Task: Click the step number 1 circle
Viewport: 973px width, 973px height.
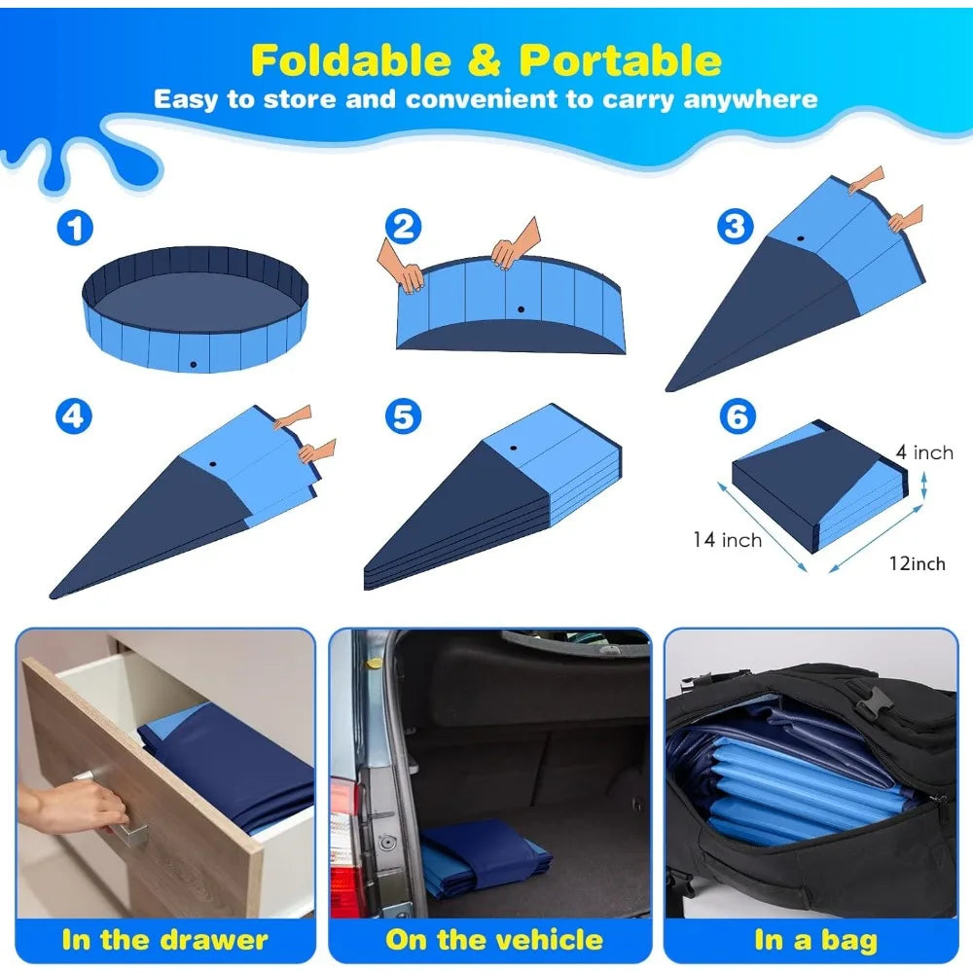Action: [74, 230]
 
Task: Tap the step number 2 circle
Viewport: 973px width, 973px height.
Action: [403, 227]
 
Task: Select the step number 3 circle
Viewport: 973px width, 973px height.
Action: [735, 227]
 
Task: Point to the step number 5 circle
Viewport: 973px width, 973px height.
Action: [403, 416]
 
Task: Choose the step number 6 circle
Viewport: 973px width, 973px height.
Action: [737, 416]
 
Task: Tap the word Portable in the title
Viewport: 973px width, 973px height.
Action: [620, 60]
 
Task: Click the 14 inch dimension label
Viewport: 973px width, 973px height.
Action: [727, 539]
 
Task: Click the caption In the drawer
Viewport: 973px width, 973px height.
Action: [164, 940]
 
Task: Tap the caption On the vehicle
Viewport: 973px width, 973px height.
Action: [494, 940]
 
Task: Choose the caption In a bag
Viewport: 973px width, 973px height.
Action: [815, 940]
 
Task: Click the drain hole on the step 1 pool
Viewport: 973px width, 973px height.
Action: [194, 364]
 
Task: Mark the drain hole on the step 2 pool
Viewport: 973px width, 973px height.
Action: [521, 309]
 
